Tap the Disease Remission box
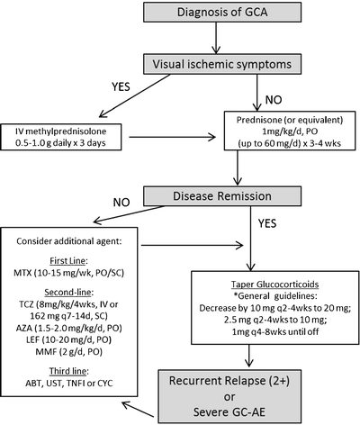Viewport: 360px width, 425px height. [235, 196]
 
